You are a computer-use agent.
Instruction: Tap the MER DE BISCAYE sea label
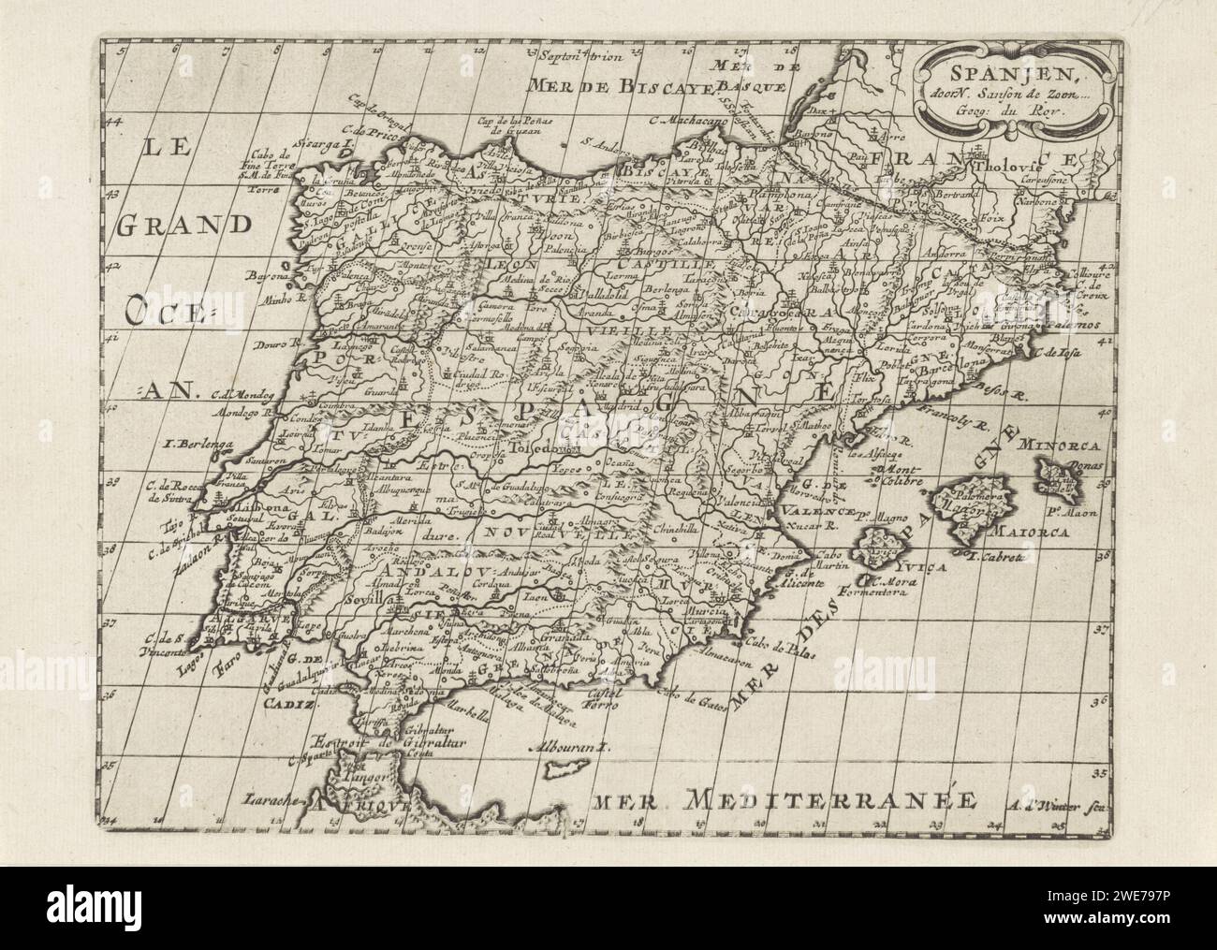point(621,88)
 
